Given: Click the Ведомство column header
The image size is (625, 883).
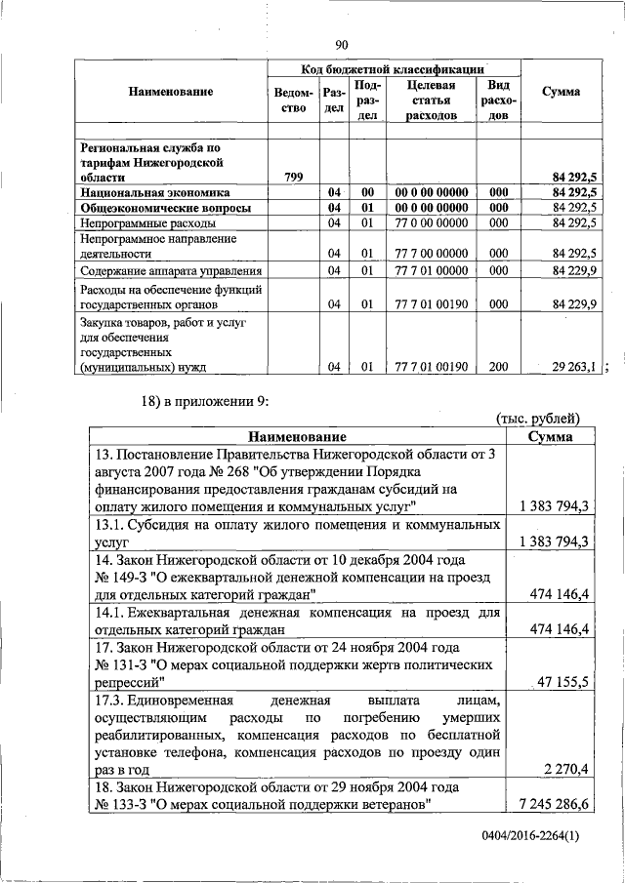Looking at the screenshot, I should coord(293,100).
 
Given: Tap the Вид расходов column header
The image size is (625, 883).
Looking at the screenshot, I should coord(498,100).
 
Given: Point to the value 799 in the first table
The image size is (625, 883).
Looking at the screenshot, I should coord(293,178).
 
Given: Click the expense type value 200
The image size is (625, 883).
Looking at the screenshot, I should coord(498,367).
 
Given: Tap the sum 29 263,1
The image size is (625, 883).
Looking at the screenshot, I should coord(574,367).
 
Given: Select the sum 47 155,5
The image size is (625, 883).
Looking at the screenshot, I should coord(565,684).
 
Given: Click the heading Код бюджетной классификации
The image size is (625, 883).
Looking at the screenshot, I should coord(393,69).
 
